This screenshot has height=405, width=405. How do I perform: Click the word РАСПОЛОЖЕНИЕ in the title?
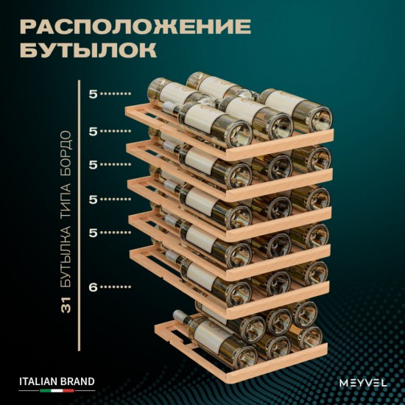click(x=135, y=27)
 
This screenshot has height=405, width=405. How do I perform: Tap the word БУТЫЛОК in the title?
click(x=88, y=51)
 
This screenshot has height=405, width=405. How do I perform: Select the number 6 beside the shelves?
click(x=94, y=286)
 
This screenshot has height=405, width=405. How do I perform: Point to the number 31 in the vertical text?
click(x=66, y=303)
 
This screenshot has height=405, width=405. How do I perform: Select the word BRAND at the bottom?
click(x=77, y=381)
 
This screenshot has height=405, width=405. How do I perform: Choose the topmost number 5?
click(x=93, y=94)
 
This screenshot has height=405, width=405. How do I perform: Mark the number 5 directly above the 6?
click(x=93, y=233)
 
